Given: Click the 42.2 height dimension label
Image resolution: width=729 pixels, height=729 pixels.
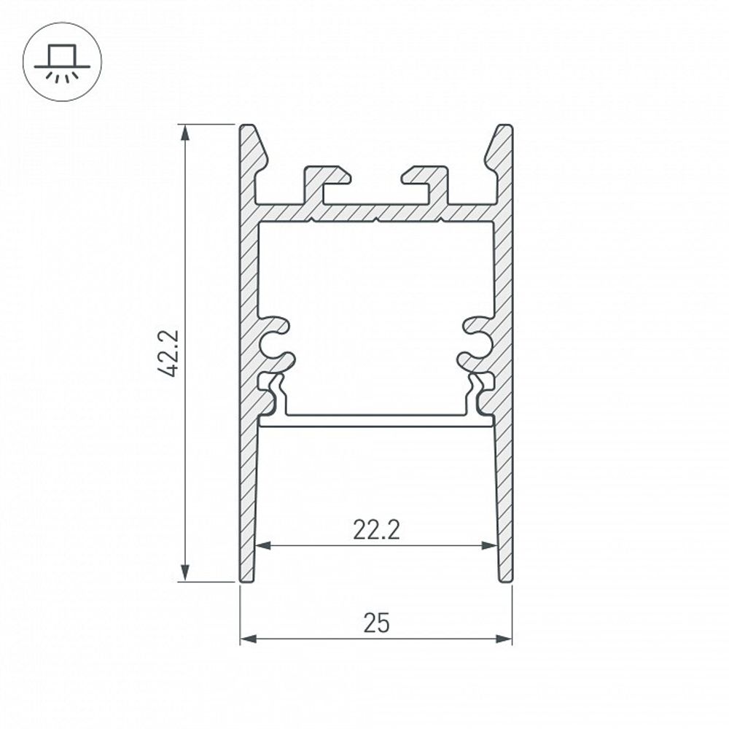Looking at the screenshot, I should (169, 353).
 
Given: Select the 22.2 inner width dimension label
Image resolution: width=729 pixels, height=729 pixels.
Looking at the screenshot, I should (376, 530).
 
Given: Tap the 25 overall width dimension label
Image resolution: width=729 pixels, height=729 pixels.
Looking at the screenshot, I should (376, 623).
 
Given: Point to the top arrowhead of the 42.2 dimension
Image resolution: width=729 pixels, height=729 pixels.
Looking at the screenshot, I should (186, 131).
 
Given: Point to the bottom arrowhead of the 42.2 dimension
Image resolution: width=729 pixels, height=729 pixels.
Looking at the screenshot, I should (186, 574).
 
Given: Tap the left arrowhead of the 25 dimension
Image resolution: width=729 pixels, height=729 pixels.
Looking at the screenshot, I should (248, 639).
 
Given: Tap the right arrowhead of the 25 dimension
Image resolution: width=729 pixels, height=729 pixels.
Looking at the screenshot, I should (504, 639).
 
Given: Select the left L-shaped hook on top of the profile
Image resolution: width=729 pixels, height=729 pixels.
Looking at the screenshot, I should (324, 182).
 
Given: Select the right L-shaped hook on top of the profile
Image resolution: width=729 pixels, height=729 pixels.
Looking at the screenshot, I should (427, 182).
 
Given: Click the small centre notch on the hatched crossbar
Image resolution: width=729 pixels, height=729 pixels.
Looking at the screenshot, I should (376, 217).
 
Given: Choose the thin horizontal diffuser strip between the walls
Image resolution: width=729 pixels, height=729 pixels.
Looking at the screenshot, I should (376, 421).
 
